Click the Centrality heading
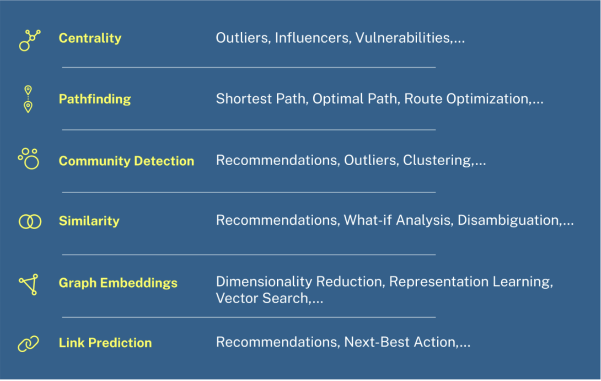90,38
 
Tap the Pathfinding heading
95,99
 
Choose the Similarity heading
89,221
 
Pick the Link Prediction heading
105,343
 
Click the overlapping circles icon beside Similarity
30,222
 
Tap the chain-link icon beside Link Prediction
28,344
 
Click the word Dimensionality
264,282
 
